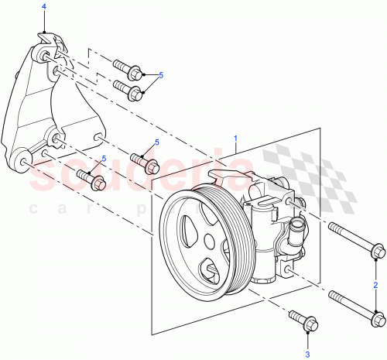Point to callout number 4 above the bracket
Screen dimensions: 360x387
tap(43, 6)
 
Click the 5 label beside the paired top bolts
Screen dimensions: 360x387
tap(161, 75)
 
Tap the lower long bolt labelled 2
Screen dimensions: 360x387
tap(354, 308)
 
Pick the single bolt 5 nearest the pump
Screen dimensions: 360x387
tap(144, 163)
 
